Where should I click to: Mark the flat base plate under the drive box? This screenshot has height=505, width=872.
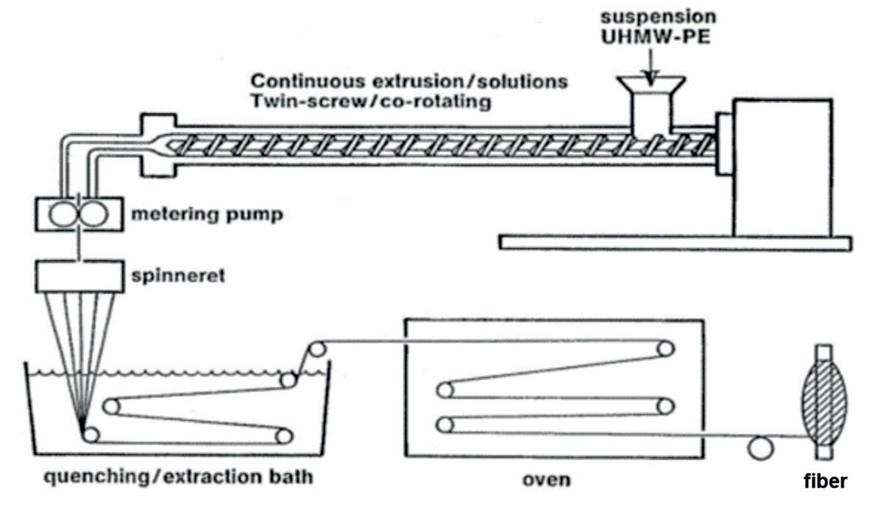pyautogui.click(x=675, y=242)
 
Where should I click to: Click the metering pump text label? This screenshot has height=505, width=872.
pyautogui.click(x=206, y=215)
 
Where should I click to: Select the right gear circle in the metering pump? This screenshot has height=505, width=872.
pyautogui.click(x=93, y=215)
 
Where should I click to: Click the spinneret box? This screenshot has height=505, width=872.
pyautogui.click(x=78, y=276)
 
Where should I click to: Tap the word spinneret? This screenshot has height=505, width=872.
pyautogui.click(x=179, y=276)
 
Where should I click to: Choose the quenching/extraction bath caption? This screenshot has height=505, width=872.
pyautogui.click(x=178, y=476)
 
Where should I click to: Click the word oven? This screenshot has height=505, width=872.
pyautogui.click(x=546, y=480)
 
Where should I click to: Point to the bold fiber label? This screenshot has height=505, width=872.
pyautogui.click(x=825, y=481)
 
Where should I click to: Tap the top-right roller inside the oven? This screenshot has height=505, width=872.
pyautogui.click(x=666, y=348)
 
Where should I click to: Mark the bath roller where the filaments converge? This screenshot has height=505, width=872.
pyautogui.click(x=91, y=434)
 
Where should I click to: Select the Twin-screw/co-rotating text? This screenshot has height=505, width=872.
pyautogui.click(x=370, y=102)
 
